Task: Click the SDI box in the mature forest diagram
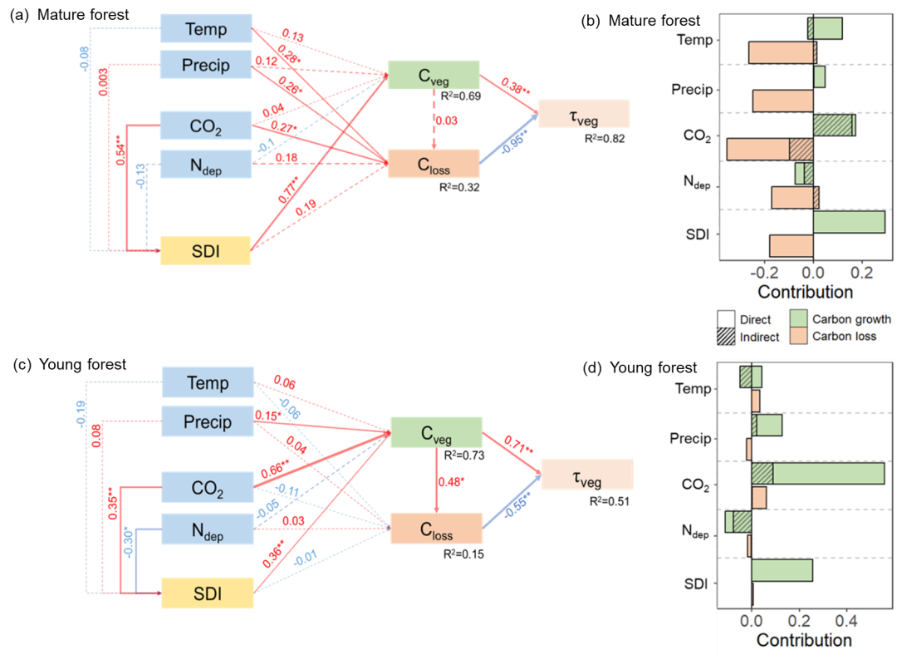(205, 251)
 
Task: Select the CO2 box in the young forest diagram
(208, 488)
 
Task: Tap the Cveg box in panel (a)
(434, 75)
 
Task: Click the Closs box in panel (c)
(437, 529)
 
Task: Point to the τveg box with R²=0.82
(584, 114)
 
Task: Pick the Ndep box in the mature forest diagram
(206, 165)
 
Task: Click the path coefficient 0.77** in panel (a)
(288, 190)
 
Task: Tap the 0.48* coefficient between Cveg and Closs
(451, 482)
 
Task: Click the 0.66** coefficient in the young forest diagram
(275, 469)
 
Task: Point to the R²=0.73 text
(464, 456)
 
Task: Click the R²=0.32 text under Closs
(459, 187)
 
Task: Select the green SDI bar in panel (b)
(849, 222)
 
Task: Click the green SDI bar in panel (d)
(782, 570)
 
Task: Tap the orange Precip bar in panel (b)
(783, 101)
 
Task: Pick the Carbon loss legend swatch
(799, 336)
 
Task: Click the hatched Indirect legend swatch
(726, 337)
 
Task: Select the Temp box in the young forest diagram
(208, 382)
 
